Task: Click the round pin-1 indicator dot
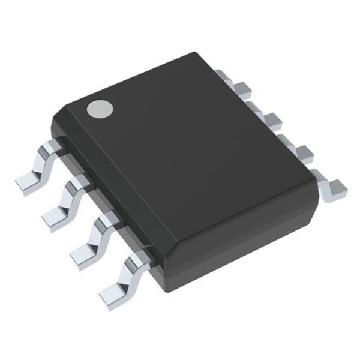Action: pyautogui.click(x=100, y=108)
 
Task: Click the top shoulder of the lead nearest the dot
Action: pyautogui.click(x=51, y=145)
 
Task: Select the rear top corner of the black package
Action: pyautogui.click(x=198, y=54)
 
